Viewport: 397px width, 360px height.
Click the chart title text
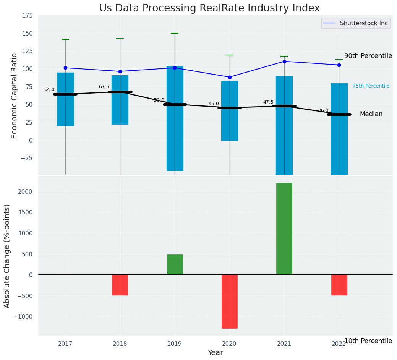coord(209,8)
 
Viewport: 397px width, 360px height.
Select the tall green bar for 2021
coord(284,229)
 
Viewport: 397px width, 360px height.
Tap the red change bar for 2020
coord(230,301)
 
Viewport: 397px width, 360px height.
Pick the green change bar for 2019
coord(175,264)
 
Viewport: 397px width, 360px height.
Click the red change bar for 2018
coord(120,285)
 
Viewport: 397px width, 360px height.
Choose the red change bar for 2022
coord(339,285)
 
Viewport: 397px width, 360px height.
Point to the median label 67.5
coord(104,87)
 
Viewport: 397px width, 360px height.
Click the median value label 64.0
coord(49,89)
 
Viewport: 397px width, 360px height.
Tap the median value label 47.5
coord(268,102)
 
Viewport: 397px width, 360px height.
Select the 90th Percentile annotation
coord(368,56)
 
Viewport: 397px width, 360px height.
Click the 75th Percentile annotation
coord(371,86)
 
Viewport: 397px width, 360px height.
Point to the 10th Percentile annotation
coord(368,341)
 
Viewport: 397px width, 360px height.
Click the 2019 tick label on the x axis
coord(175,344)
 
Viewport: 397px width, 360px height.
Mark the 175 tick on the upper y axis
coord(27,16)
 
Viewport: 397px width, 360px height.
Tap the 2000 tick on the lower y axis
coord(24,191)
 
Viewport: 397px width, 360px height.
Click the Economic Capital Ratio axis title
coord(15,96)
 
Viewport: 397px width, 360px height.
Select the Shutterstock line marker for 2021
coord(284,62)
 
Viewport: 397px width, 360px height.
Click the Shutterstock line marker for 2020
coord(230,77)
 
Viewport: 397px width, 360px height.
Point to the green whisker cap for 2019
coord(175,33)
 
